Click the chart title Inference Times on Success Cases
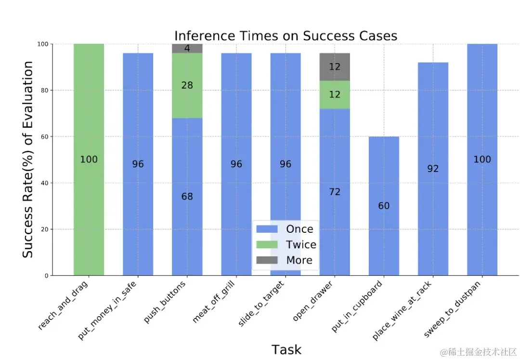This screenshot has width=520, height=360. click(x=286, y=36)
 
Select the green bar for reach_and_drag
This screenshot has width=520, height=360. click(x=89, y=120)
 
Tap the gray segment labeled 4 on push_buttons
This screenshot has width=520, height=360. click(x=187, y=48)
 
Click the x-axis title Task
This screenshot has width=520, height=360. click(x=286, y=349)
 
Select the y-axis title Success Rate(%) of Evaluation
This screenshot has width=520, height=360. click(x=28, y=160)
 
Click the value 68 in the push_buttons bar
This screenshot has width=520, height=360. click(x=187, y=197)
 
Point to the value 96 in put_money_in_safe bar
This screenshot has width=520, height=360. click(x=138, y=164)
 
